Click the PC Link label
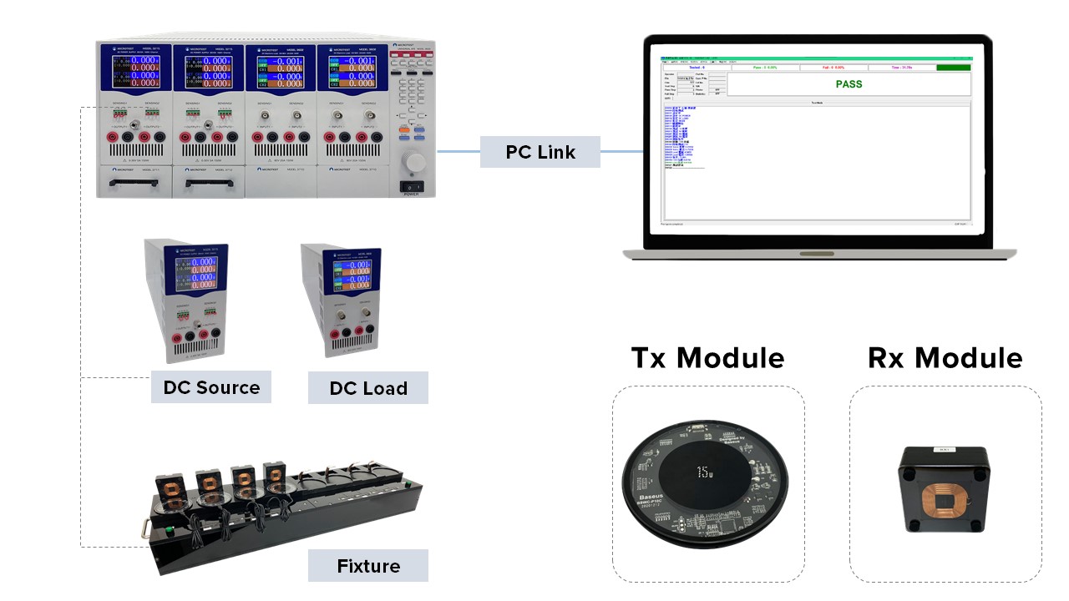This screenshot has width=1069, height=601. coord(540,152)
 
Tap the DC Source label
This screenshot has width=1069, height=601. coord(211,387)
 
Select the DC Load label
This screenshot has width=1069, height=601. coord(367,388)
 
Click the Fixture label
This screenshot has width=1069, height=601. coord(368,566)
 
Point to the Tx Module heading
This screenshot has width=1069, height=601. coord(707,357)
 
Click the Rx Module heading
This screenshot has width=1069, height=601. coord(945,357)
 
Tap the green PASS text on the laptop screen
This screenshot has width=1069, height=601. coord(849,84)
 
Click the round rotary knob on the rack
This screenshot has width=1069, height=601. coord(413,161)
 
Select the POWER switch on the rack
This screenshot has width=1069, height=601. coord(412,186)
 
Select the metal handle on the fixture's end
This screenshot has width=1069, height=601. coord(147,528)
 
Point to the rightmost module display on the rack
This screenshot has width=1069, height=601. coord(351,68)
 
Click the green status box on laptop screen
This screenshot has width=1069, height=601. coord(953,68)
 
